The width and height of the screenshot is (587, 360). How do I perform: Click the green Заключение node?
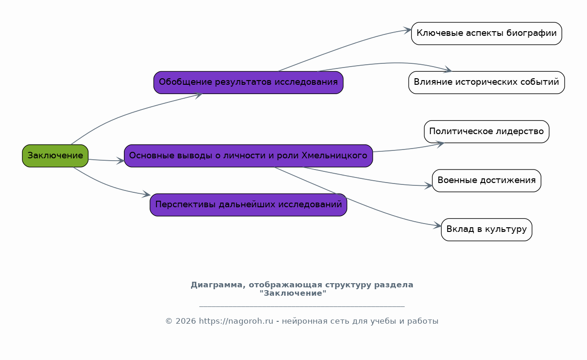(55, 156)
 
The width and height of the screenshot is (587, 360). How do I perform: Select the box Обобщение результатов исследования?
(248, 82)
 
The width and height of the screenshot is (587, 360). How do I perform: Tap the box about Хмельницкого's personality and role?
(248, 156)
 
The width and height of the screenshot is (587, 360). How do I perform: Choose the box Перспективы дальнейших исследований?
(248, 205)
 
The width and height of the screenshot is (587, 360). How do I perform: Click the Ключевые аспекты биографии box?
(487, 34)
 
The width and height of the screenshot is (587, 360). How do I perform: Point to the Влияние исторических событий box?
(487, 82)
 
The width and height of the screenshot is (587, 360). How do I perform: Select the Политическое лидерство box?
(487, 131)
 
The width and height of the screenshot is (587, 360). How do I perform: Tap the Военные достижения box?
(487, 181)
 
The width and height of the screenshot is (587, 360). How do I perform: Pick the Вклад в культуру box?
(487, 230)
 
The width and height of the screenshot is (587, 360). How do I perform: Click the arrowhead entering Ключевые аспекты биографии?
(408, 30)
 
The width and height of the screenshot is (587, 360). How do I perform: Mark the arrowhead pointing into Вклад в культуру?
(437, 225)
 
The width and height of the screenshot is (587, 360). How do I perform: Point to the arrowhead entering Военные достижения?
(429, 186)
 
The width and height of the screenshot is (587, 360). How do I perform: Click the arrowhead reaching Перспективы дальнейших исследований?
(146, 194)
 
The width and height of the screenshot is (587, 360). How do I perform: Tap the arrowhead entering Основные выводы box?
(120, 161)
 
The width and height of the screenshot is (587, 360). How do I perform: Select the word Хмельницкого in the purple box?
(334, 156)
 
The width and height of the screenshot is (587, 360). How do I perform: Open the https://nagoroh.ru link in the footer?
(236, 321)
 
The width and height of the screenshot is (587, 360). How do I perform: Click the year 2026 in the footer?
(186, 321)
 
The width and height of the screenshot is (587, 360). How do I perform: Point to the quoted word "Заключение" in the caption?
(293, 293)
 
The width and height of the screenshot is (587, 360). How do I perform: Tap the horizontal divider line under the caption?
(302, 306)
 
